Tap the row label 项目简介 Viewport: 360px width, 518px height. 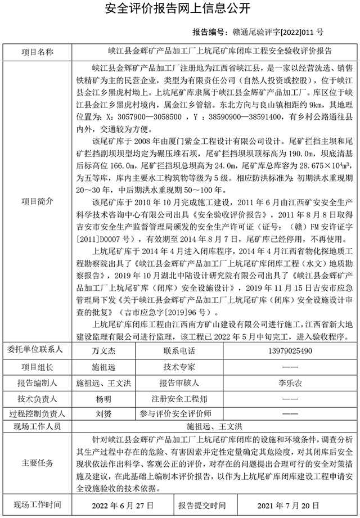(38, 201)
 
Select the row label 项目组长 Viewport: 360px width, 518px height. (38, 367)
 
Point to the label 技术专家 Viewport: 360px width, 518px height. (179, 367)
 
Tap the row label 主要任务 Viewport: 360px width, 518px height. (38, 463)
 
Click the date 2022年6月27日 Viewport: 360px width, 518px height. (118, 504)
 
